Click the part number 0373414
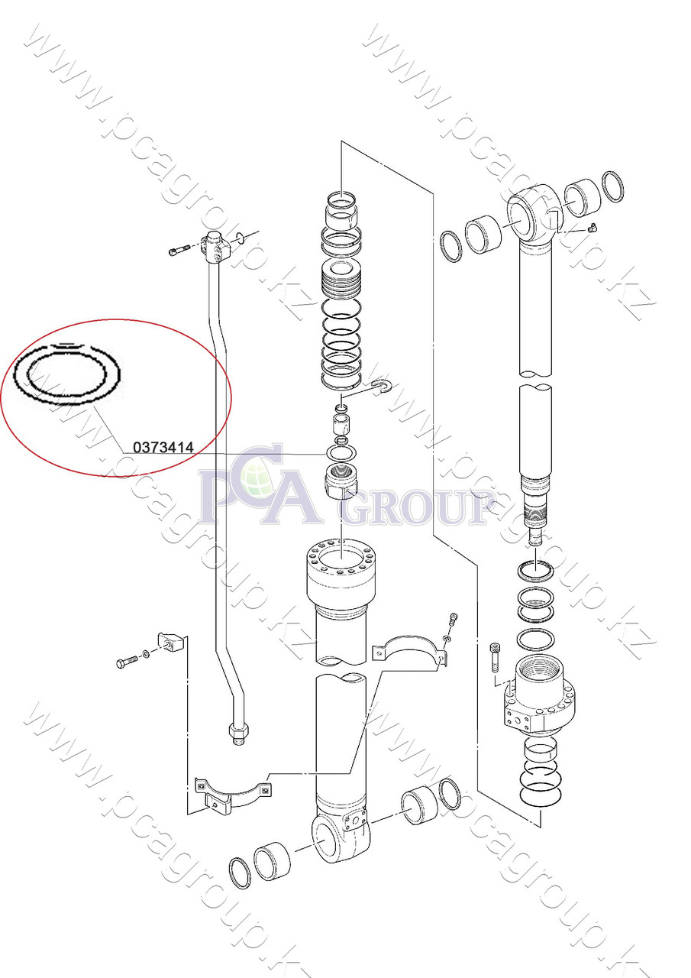[x=163, y=448]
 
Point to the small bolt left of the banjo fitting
[x=178, y=250]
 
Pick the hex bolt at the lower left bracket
[x=127, y=662]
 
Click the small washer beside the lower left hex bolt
[x=146, y=655]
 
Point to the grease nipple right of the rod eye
[x=593, y=227]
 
